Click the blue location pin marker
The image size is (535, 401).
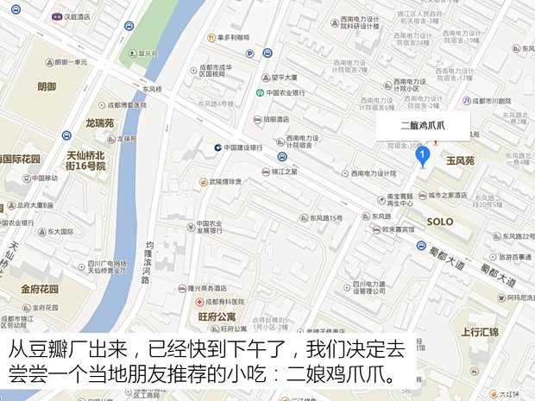(x=423, y=155)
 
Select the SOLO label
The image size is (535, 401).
(x=440, y=222)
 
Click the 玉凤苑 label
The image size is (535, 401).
(x=460, y=161)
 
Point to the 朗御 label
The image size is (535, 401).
(x=47, y=87)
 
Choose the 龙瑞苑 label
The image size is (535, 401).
(x=99, y=123)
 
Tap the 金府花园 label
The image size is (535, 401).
(x=39, y=289)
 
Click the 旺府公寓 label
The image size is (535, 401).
(x=215, y=316)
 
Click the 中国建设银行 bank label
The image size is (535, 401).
(x=242, y=147)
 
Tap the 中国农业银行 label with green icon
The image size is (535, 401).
(x=286, y=92)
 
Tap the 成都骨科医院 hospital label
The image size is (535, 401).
(x=224, y=302)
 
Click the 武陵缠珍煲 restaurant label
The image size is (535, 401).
(x=224, y=181)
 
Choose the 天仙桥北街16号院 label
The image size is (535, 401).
(x=86, y=160)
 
